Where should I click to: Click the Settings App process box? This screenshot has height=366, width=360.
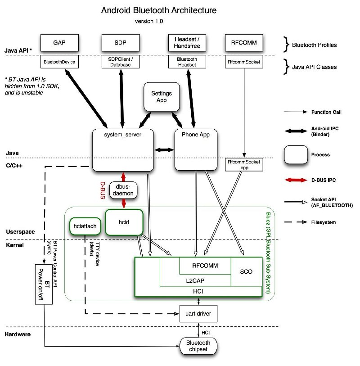coord(162,96)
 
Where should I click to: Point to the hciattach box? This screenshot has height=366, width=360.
coord(84,226)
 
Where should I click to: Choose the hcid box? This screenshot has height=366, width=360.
coord(124,221)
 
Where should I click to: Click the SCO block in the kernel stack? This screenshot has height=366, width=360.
coord(246,271)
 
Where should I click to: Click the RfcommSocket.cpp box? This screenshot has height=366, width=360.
coord(243,164)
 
